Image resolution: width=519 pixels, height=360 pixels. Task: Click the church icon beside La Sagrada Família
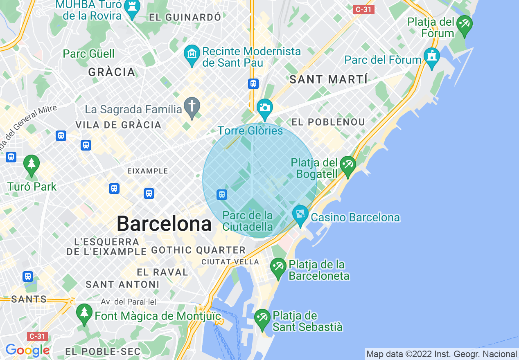[192, 106]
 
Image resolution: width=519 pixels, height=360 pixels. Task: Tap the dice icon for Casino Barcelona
[300, 214]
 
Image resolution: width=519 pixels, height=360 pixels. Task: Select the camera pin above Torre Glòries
[264, 108]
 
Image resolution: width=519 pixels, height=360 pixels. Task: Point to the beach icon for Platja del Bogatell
[348, 165]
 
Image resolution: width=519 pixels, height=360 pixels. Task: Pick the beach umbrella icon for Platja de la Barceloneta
[278, 266]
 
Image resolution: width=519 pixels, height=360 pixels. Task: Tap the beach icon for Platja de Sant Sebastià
[262, 318]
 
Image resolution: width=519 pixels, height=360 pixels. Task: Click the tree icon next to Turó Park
[32, 164]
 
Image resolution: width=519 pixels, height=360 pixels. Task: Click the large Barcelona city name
[164, 224]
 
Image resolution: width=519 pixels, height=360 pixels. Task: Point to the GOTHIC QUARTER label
[198, 250]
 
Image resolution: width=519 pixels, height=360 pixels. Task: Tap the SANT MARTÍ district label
[328, 79]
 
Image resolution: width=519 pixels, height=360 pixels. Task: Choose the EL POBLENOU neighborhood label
[328, 122]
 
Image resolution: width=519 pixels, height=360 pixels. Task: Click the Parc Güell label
[89, 54]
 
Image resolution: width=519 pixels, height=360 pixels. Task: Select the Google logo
[27, 350]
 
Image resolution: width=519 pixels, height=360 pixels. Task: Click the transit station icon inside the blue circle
[222, 194]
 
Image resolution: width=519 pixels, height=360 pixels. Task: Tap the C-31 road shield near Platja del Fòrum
[364, 9]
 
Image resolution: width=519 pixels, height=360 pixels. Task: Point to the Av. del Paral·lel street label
[129, 302]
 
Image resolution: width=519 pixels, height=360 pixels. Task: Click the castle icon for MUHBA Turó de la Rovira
[132, 8]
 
